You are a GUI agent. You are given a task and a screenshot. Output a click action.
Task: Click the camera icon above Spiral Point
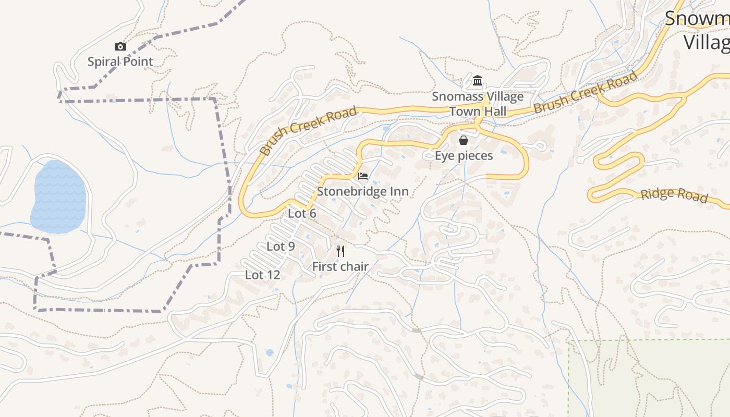(x=120, y=47)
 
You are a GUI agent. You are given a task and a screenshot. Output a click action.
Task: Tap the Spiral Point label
(x=120, y=62)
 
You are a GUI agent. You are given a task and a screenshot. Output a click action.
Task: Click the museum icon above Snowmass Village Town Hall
(x=478, y=81)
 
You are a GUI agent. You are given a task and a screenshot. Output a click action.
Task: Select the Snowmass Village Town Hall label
(x=478, y=104)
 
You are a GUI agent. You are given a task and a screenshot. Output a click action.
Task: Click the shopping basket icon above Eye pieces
(x=463, y=140)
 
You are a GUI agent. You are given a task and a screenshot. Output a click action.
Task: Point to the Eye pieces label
(x=464, y=155)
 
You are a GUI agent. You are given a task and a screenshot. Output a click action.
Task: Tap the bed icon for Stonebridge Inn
(x=363, y=176)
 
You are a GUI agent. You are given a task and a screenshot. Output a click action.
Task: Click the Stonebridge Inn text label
(x=363, y=191)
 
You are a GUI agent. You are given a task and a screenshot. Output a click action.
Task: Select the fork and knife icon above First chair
(x=340, y=251)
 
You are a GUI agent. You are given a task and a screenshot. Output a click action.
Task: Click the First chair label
(x=340, y=266)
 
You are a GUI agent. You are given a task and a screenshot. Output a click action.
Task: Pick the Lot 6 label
(x=302, y=213)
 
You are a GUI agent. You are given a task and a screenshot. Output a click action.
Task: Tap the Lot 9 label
(x=281, y=246)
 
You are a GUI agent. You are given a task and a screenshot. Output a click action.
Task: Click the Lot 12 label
(x=263, y=275)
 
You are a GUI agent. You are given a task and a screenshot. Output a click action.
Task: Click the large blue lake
(x=58, y=197)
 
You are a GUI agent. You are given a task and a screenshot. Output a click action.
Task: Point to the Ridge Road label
(x=674, y=195)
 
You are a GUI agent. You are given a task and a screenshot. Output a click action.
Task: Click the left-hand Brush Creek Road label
(x=308, y=130)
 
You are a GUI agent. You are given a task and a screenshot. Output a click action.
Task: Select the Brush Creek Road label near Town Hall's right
(x=585, y=93)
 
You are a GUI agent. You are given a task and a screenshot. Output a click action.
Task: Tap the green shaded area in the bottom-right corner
(x=652, y=381)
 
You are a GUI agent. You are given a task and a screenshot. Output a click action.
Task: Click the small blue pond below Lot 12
(x=270, y=353)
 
